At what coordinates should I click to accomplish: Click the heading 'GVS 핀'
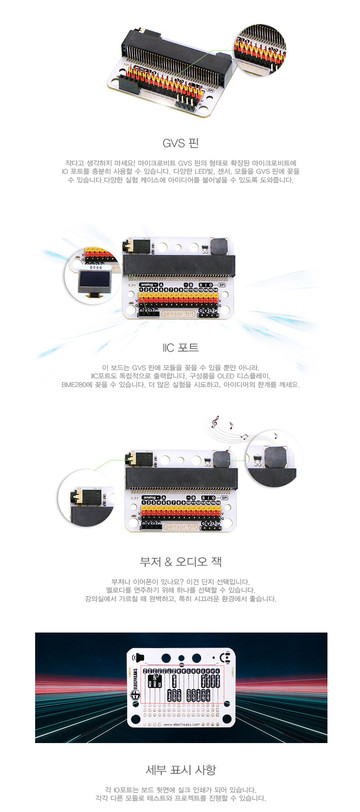[x=180, y=143]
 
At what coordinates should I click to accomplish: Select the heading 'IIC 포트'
[x=180, y=347]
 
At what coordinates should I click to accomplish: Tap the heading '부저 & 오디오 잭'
[x=180, y=561]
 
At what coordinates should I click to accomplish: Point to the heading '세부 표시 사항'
[x=180, y=770]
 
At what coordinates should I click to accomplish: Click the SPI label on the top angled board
[x=211, y=90]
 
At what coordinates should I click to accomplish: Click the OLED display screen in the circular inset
[x=93, y=278]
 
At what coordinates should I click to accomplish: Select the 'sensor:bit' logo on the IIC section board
[x=178, y=313]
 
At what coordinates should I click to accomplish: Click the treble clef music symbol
[x=215, y=421]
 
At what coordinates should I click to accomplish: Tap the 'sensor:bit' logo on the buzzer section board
[x=181, y=527]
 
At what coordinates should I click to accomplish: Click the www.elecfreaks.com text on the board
[x=181, y=724]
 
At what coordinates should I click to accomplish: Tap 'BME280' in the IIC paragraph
[x=74, y=385]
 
